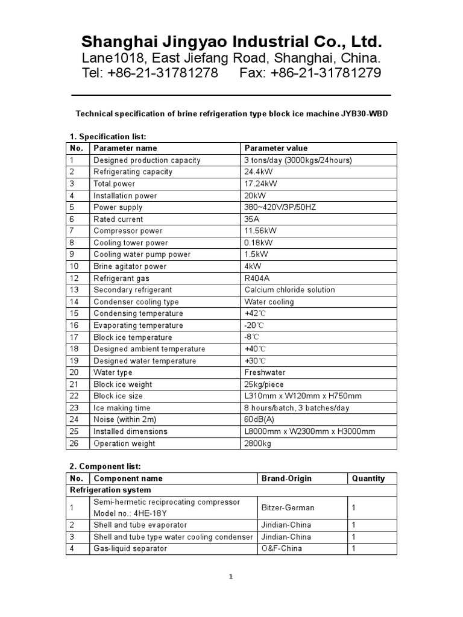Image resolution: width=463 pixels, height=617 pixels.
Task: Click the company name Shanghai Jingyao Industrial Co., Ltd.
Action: [231, 42]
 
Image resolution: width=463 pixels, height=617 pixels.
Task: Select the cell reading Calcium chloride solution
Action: [289, 290]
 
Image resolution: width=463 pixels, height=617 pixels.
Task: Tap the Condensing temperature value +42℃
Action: [255, 313]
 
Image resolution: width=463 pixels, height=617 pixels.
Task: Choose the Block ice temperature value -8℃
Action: [253, 337]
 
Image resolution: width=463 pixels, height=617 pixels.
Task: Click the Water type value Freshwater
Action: [265, 372]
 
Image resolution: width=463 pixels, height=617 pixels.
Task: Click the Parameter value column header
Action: [276, 148]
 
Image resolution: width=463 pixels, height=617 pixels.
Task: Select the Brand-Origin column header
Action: [286, 478]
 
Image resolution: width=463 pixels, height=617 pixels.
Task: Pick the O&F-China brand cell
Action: [282, 548]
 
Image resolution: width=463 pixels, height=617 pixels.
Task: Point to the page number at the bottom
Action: [231, 577]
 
